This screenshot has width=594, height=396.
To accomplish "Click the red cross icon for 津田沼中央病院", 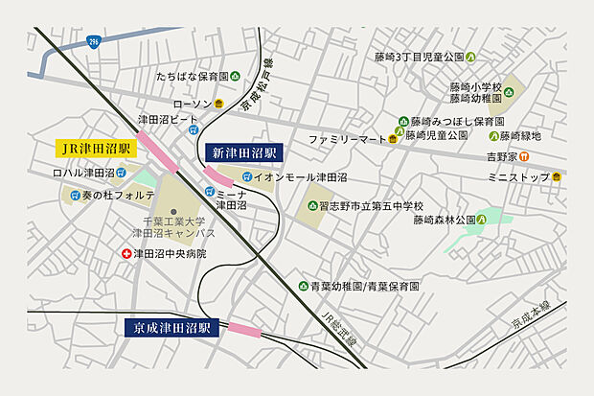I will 126,254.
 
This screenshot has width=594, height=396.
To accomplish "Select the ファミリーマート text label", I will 346,140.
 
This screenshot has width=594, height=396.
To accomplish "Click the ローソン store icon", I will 219,104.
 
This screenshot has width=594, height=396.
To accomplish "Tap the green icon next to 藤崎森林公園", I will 482,220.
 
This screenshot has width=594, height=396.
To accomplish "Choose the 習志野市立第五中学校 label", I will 377,206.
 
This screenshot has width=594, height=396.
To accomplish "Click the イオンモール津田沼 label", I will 300,177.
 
